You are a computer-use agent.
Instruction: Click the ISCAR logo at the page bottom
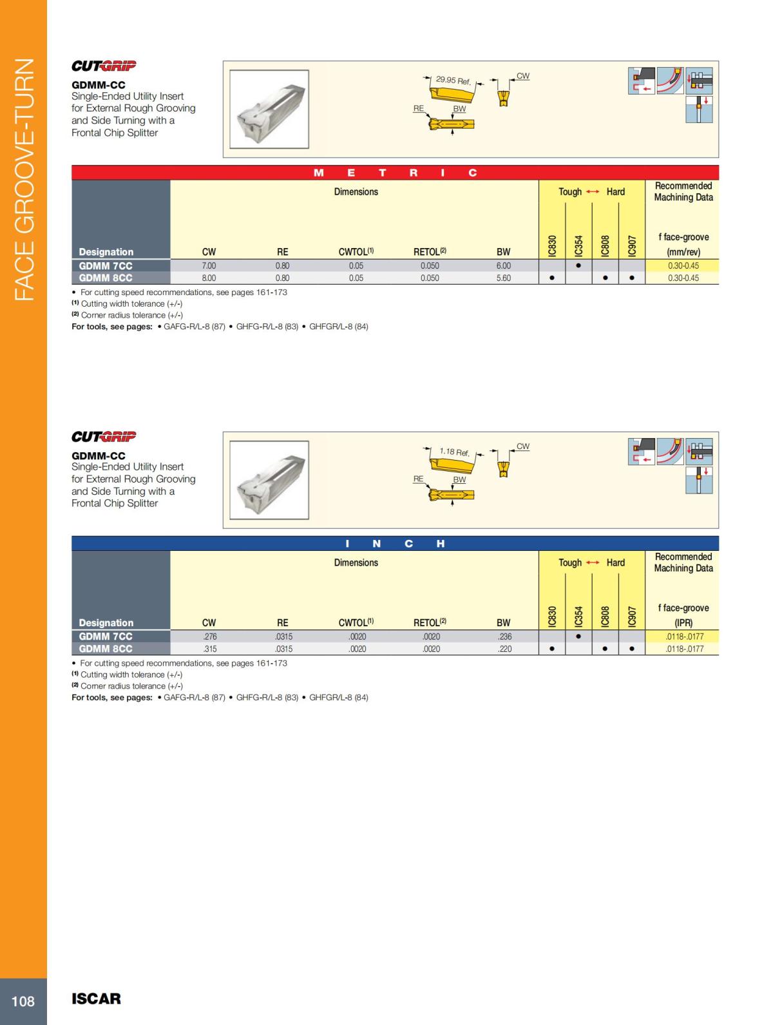96,999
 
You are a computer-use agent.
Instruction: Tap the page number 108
23,1001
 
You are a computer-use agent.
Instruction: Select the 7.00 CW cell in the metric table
209,265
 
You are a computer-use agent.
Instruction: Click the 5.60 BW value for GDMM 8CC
503,278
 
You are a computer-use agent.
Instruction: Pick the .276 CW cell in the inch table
209,637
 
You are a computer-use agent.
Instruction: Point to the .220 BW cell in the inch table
504,649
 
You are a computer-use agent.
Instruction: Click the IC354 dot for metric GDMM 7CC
578,265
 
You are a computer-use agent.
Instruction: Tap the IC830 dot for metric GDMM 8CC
552,278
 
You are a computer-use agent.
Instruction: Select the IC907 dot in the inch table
632,649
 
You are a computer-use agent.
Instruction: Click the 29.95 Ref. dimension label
453,81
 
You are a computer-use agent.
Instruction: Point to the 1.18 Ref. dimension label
454,452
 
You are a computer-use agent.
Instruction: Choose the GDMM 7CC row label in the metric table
106,265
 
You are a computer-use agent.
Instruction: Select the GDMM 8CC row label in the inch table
106,649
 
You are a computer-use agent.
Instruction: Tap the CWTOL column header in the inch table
356,622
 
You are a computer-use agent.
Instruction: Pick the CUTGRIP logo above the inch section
104,436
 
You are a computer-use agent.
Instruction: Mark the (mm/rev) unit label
683,252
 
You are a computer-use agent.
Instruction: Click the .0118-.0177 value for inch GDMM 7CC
684,637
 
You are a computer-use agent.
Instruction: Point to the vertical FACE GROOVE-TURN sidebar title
23,180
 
